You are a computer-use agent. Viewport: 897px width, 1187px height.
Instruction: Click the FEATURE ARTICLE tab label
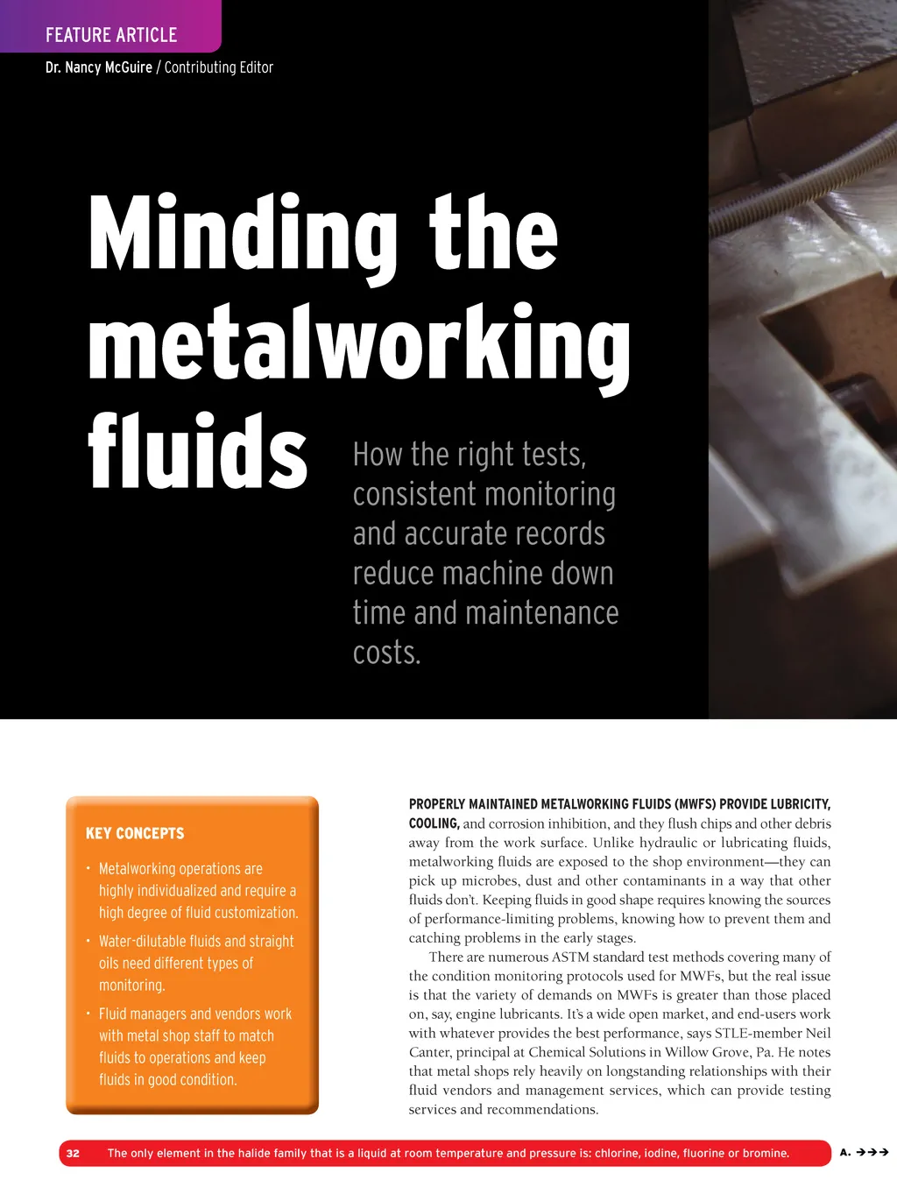pyautogui.click(x=111, y=35)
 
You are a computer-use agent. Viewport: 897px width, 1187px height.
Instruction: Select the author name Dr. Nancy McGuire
pyautogui.click(x=98, y=67)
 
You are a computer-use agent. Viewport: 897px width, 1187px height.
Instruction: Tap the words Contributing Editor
pyautogui.click(x=219, y=67)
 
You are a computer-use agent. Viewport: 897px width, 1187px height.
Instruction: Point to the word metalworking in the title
pyautogui.click(x=359, y=344)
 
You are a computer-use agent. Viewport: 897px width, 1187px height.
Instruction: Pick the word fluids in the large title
pyautogui.click(x=198, y=452)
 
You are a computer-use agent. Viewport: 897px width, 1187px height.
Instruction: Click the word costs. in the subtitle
pyautogui.click(x=386, y=653)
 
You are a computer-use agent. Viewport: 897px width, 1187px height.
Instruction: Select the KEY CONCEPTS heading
pyautogui.click(x=135, y=833)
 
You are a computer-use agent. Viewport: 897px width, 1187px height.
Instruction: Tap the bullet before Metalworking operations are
pyautogui.click(x=88, y=868)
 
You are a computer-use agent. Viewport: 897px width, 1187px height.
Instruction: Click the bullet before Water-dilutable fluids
pyautogui.click(x=88, y=941)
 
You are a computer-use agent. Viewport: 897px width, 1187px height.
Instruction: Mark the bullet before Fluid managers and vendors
pyautogui.click(x=88, y=1014)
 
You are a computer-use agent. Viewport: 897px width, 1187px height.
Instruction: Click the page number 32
pyautogui.click(x=73, y=1153)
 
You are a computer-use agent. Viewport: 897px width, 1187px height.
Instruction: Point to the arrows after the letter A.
pyautogui.click(x=872, y=1152)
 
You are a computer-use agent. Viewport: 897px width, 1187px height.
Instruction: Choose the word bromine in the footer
pyautogui.click(x=765, y=1153)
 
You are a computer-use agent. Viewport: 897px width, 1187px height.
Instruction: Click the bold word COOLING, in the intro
pyautogui.click(x=434, y=823)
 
